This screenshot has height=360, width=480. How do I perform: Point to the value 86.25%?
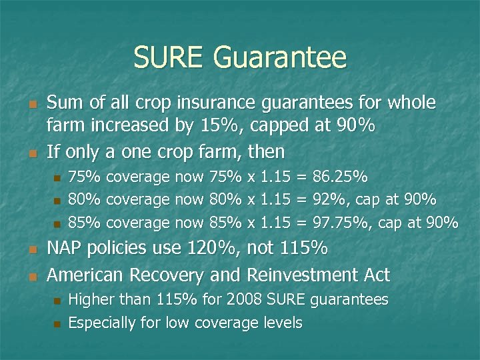point(340,178)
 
